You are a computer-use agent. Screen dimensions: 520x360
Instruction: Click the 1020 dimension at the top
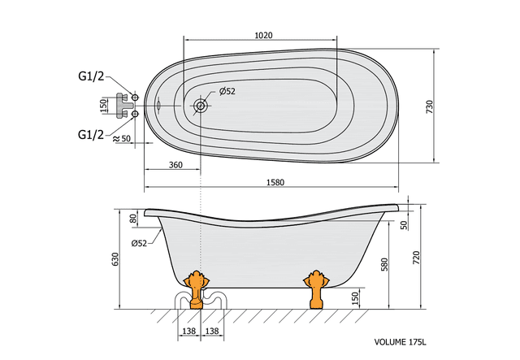pos(263,35)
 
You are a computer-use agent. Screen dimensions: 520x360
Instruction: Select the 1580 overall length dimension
pos(275,182)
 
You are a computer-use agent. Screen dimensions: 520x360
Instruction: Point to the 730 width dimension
pos(429,106)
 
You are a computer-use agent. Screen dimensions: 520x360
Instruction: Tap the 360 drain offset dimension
pos(175,165)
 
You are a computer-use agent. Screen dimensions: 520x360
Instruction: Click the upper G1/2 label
pos(91,76)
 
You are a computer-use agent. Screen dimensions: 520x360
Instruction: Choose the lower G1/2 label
pos(91,134)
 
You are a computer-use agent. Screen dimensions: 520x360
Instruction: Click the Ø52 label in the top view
pos(227,91)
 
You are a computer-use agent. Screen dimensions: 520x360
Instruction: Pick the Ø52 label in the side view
pos(139,243)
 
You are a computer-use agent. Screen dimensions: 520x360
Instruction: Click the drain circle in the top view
pos(201,106)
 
